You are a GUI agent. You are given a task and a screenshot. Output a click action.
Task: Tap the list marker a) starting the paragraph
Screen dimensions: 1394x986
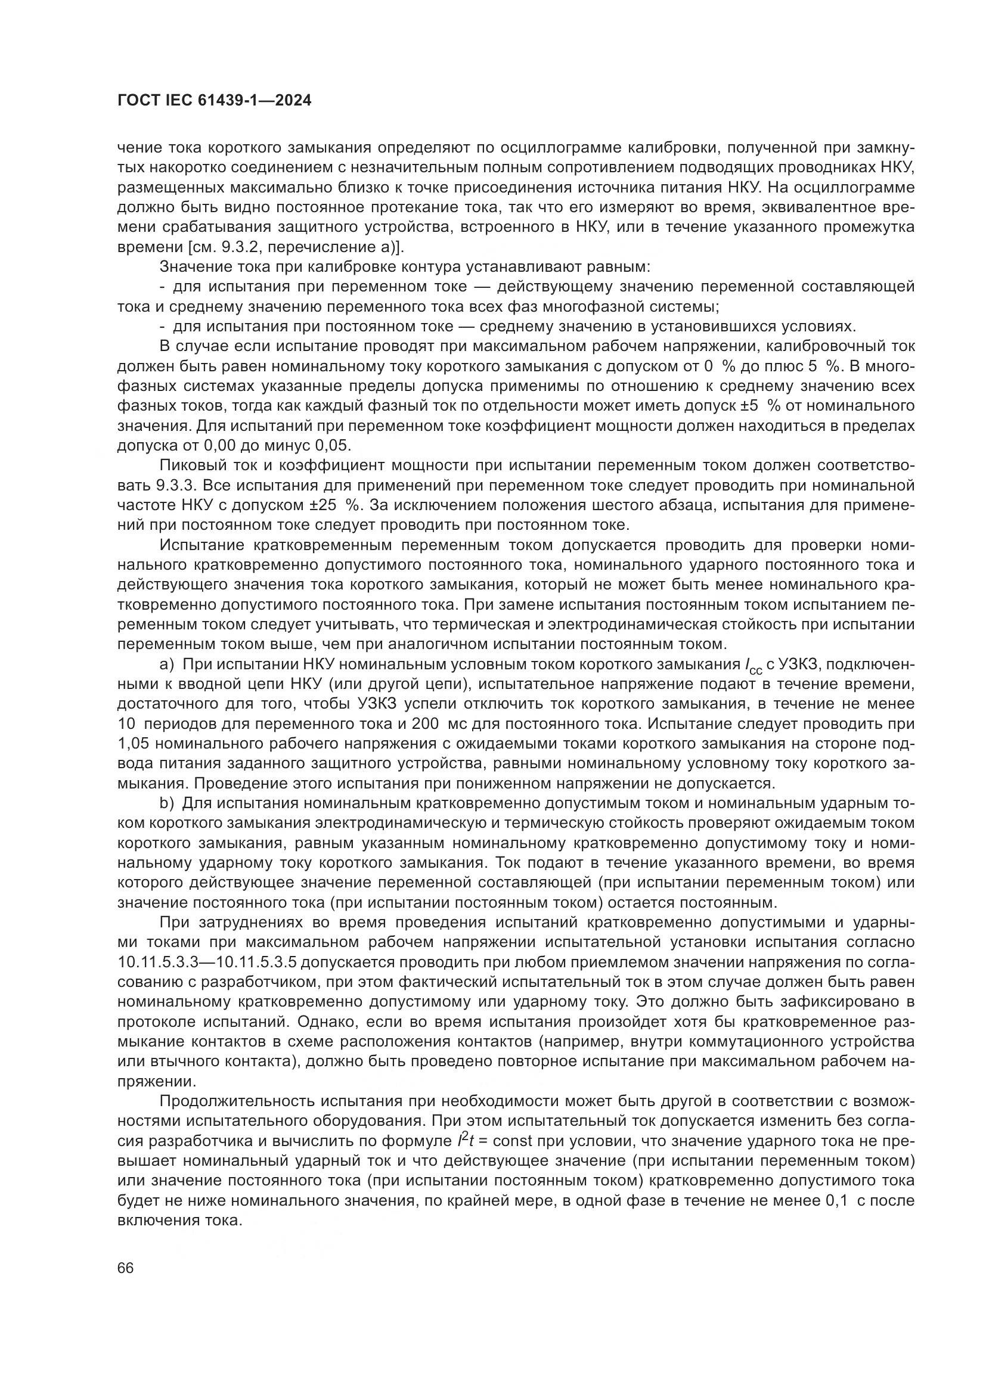[167, 664]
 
